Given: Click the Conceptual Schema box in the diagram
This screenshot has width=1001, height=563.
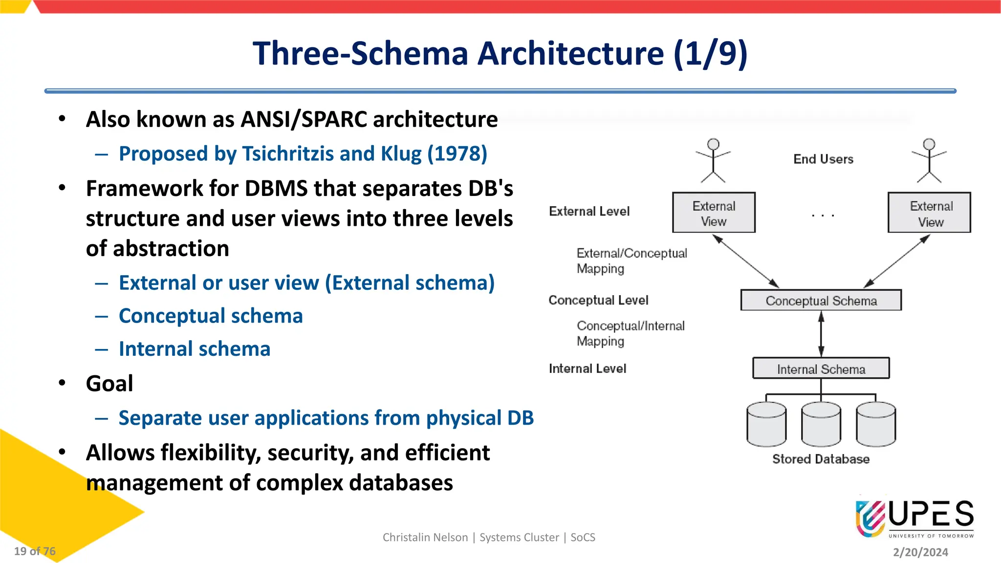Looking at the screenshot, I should pos(821,300).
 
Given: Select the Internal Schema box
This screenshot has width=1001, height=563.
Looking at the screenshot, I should pos(821,368).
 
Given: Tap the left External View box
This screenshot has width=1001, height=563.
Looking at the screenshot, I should pos(714,213).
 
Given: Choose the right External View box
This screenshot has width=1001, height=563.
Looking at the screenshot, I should pos(929,213).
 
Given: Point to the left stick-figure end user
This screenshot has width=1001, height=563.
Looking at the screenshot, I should pos(714,160).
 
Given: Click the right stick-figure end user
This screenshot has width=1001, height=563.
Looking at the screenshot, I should pos(929,160).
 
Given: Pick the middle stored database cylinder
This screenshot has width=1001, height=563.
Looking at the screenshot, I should pos(821,424).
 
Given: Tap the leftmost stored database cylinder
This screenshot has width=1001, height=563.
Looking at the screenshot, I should pos(766,424).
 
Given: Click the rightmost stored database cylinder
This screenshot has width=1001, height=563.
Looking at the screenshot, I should pos(876,424).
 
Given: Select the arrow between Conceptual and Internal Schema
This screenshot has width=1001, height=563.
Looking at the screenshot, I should pos(821,334).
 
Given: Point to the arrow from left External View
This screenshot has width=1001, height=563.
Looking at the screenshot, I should pos(746,261).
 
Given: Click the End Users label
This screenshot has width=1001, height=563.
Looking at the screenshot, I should pos(823,159).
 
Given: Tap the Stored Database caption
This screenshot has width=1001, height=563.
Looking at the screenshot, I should pos(821,459).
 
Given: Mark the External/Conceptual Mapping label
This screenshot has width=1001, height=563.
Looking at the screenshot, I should pos(631,261).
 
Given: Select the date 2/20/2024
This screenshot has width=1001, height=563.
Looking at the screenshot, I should pos(920,552).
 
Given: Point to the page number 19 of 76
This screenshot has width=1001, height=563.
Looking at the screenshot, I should pos(35,551).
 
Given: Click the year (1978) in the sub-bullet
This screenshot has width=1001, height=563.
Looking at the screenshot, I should pos(457,154).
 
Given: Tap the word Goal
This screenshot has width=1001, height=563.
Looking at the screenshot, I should pos(109,384).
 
